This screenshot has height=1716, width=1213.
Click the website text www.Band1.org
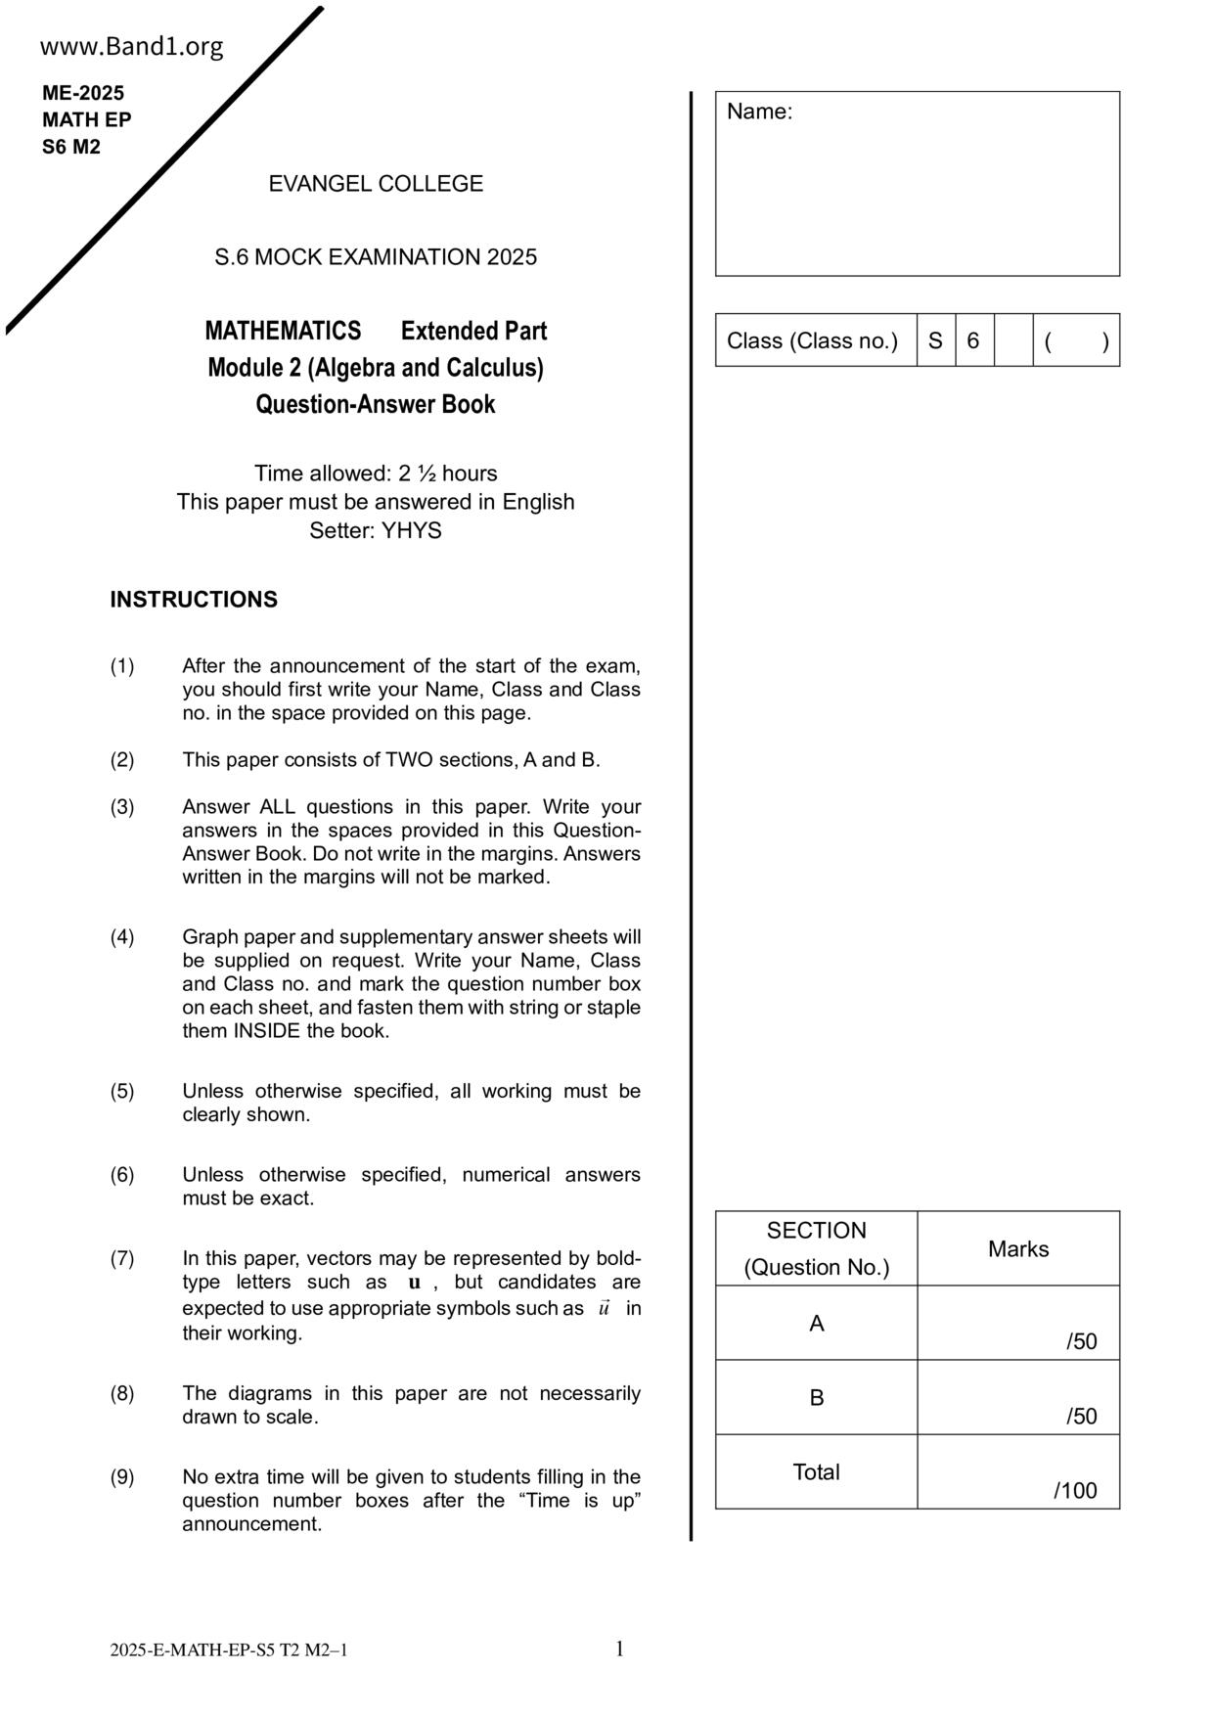[132, 47]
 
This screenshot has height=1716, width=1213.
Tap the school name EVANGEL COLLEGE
[376, 184]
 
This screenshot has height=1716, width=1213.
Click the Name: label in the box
[759, 113]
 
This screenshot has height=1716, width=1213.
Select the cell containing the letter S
[935, 340]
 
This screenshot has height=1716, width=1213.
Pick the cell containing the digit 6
[973, 340]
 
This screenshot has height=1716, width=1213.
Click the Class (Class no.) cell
[812, 340]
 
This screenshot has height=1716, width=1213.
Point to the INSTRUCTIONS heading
[194, 600]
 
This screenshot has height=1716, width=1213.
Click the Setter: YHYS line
[376, 531]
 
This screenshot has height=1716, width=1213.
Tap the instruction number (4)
[122, 937]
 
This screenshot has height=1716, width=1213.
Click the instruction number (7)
[122, 1258]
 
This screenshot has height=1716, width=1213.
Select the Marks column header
[1018, 1249]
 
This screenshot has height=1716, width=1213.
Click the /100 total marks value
[1076, 1491]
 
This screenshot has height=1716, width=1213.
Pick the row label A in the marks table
[817, 1324]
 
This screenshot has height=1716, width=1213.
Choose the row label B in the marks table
[817, 1398]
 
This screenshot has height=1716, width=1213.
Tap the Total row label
[816, 1472]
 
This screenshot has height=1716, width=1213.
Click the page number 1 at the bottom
[619, 1649]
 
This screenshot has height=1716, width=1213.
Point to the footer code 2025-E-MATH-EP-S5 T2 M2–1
[229, 1651]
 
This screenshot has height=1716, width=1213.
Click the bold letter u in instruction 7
[415, 1283]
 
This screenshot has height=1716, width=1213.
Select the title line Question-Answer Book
[376, 405]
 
